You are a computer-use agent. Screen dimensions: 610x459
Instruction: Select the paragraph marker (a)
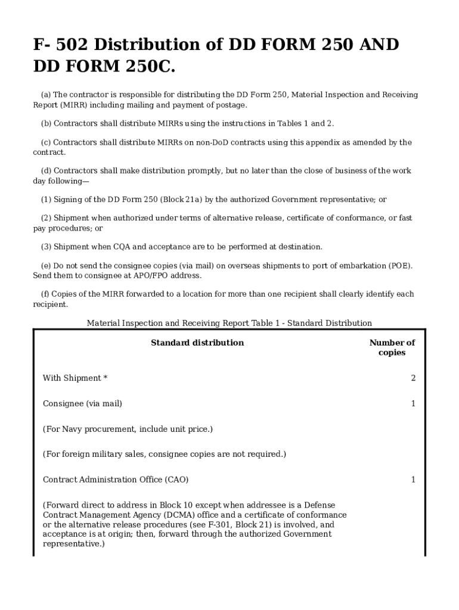pyautogui.click(x=45, y=95)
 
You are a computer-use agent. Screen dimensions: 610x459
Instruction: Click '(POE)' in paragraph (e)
pyautogui.click(x=401, y=266)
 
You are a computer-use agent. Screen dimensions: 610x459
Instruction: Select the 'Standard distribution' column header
pyautogui.click(x=197, y=343)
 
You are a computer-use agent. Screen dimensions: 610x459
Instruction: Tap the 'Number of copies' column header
pyautogui.click(x=392, y=347)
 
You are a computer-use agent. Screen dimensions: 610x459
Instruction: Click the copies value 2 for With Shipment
pyautogui.click(x=413, y=378)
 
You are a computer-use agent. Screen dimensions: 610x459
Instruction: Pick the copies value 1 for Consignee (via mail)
pyautogui.click(x=413, y=404)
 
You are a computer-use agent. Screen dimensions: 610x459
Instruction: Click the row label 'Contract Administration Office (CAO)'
pyautogui.click(x=116, y=480)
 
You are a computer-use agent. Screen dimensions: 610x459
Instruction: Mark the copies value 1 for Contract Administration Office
pyautogui.click(x=413, y=480)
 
